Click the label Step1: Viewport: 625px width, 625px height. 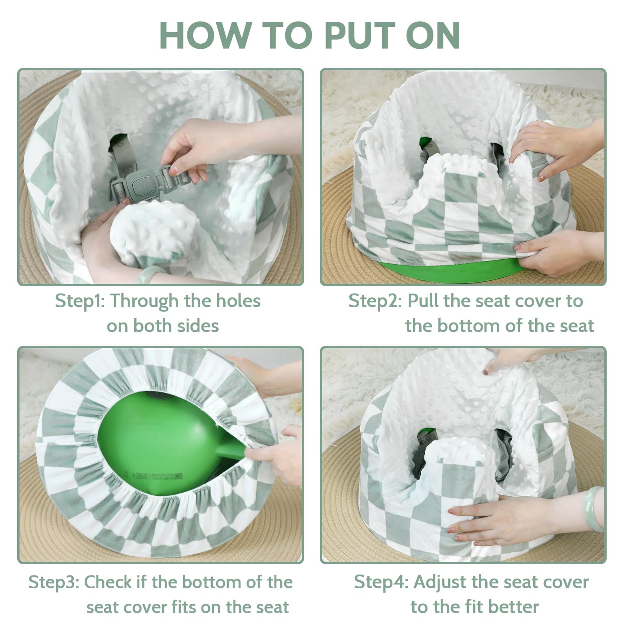coord(80,301)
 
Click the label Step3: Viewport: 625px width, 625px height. coord(54,582)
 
